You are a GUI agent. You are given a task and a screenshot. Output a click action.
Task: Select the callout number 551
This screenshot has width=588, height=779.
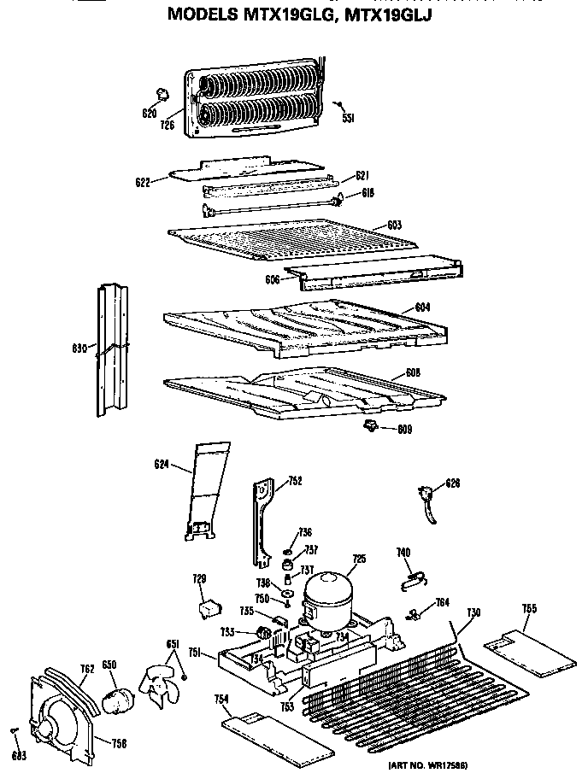[x=349, y=118]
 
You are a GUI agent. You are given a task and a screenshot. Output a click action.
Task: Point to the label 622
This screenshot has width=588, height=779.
[x=144, y=180]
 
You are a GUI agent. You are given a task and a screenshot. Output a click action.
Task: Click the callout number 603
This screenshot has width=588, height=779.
[x=394, y=225]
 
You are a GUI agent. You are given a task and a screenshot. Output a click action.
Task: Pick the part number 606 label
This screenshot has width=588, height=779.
[x=271, y=278]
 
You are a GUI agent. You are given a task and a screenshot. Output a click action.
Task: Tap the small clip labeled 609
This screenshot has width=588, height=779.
[x=369, y=426]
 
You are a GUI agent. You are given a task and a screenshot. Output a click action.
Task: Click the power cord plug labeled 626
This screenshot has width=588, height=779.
[x=426, y=499]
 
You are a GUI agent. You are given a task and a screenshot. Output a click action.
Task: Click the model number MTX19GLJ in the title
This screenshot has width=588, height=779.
[x=389, y=14]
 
